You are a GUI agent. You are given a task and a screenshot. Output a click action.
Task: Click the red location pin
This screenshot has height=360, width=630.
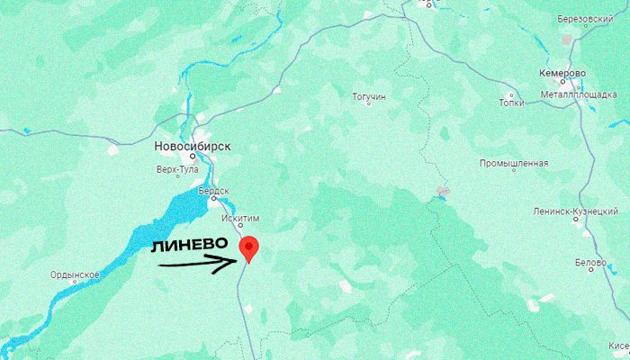click(249, 247)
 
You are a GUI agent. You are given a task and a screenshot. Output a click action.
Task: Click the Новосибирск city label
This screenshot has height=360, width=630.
click(193, 145)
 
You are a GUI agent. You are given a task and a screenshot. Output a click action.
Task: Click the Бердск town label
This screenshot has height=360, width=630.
click(215, 191)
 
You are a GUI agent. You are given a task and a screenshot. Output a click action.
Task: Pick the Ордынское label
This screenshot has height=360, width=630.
click(74, 274)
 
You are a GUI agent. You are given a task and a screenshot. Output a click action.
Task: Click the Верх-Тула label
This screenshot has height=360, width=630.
click(176, 169)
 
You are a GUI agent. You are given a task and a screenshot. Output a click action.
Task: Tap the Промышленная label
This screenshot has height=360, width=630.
click(513, 163)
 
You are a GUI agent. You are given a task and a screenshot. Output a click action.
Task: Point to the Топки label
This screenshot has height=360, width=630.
click(509, 103)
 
